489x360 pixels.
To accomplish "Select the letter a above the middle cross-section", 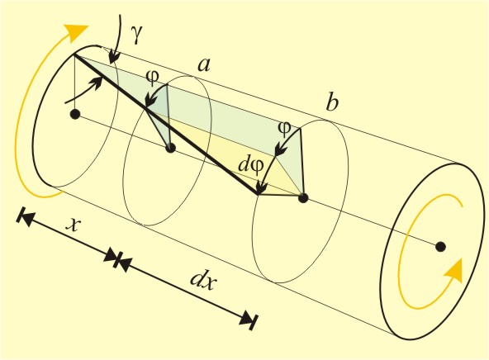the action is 204,65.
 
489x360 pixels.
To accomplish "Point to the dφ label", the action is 251,165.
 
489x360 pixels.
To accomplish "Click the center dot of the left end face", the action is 75,115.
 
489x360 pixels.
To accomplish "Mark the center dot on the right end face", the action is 440,247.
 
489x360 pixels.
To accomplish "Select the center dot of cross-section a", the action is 170,148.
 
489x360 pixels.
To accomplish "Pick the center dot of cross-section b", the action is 303,198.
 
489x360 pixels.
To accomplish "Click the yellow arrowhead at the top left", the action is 76,32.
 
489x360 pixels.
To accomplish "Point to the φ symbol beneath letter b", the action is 284,129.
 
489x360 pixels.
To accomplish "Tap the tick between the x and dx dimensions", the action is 117,258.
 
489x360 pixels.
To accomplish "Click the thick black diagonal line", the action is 166,125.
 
